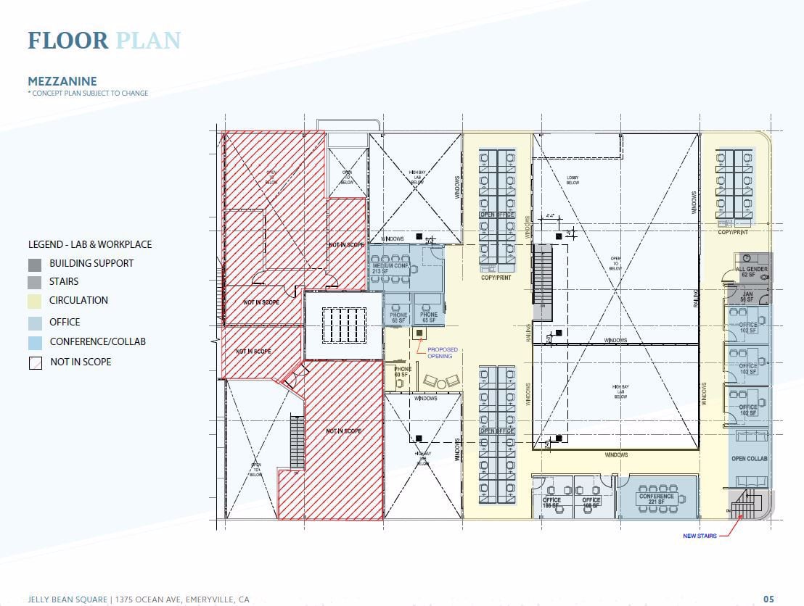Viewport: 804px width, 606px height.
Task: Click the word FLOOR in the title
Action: click(x=67, y=41)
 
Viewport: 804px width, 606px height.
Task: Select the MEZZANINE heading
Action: click(x=62, y=81)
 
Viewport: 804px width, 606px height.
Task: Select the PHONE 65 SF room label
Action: click(x=429, y=317)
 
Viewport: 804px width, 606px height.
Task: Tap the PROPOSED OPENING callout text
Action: click(x=440, y=352)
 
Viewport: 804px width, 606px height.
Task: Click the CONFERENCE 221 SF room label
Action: click(x=657, y=499)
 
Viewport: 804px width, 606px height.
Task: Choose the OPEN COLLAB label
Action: click(x=749, y=459)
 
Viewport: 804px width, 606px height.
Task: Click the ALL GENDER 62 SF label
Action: click(x=750, y=272)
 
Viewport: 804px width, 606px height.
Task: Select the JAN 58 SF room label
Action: click(x=748, y=296)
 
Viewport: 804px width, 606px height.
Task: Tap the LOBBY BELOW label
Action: click(x=577, y=180)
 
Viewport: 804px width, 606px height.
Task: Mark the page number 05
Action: click(x=768, y=599)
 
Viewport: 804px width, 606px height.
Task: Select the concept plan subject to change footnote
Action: click(x=88, y=94)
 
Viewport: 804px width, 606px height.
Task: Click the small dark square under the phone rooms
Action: click(x=419, y=333)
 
